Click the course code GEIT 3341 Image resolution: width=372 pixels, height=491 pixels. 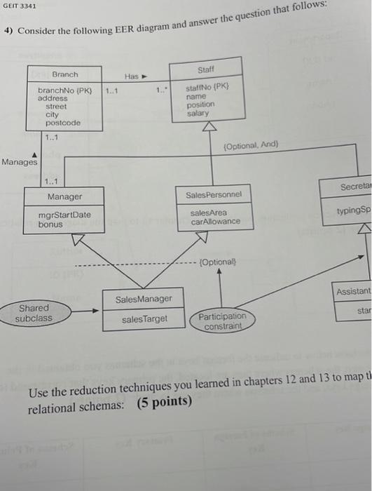20,7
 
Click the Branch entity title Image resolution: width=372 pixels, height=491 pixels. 65,74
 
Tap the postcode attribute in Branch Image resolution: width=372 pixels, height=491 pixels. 62,123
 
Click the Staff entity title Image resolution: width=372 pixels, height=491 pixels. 206,70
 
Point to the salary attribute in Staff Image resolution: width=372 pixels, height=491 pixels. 198,113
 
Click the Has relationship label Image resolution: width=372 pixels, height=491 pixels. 132,76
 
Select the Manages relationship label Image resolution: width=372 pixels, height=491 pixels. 20,162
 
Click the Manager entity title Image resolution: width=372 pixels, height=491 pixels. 64,197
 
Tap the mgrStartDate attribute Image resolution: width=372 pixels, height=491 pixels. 64,215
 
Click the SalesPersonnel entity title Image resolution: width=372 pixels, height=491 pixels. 214,194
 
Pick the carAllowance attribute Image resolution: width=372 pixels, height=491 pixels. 216,222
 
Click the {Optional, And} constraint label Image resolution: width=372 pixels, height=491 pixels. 251,144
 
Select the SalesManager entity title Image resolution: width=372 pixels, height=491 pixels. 144,300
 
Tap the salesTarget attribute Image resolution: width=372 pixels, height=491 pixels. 144,318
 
